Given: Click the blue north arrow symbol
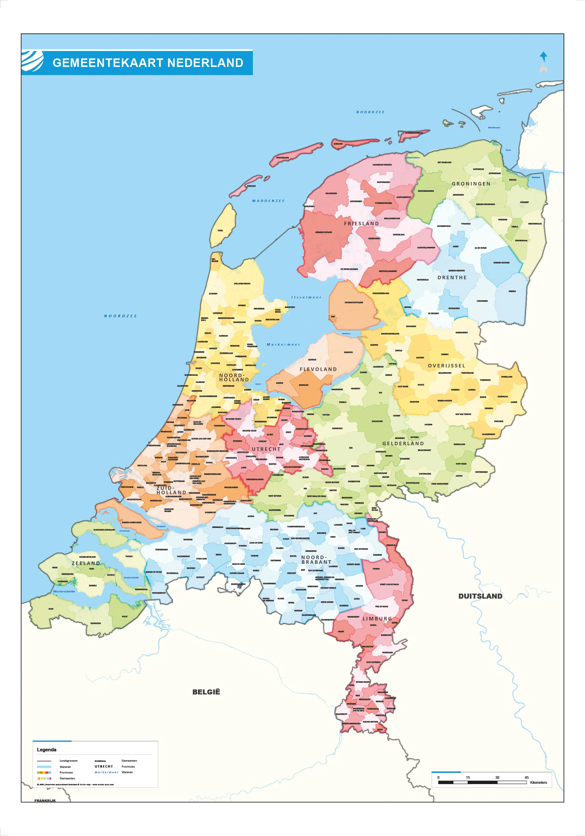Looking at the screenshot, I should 543,57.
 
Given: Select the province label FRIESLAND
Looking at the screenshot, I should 361,224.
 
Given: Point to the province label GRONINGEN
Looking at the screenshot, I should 471,184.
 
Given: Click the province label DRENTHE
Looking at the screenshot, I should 452,277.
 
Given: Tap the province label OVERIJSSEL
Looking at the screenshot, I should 446,366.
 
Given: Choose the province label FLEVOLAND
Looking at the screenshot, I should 318,369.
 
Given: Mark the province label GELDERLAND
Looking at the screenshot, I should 403,444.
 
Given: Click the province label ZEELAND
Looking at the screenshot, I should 86,563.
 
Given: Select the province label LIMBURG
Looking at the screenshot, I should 377,619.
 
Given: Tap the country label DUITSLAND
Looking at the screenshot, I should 480,596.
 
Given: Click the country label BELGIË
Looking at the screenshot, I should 206,692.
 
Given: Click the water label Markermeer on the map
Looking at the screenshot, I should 283,344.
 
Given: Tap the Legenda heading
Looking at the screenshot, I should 47,750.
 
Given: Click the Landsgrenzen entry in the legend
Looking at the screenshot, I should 68,761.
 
